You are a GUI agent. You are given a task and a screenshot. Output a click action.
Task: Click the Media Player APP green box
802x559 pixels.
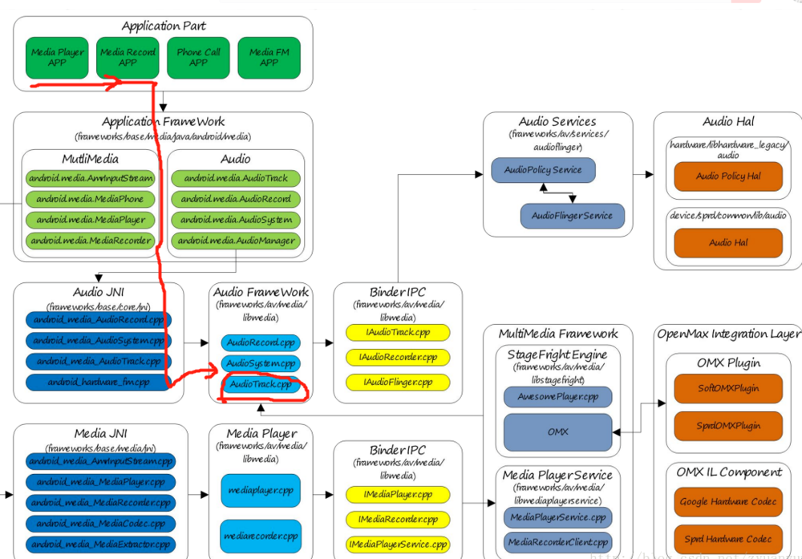57,57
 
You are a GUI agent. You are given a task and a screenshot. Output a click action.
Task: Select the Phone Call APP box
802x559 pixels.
198,57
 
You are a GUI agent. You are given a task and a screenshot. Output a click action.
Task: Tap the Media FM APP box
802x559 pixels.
269,57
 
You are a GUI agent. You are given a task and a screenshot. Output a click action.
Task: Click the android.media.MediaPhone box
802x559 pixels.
91,199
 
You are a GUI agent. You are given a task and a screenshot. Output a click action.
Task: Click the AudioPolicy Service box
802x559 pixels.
543,170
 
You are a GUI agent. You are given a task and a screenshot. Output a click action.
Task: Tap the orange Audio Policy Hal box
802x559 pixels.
728,176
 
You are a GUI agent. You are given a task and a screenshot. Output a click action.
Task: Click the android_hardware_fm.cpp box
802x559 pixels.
98,383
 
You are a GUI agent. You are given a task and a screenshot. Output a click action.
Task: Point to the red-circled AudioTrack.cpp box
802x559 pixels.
261,385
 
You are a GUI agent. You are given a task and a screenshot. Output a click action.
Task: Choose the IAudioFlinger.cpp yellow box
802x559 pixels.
398,383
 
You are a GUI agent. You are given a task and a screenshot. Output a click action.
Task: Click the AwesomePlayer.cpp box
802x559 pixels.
557,396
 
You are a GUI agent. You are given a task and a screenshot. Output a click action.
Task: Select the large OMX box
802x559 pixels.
557,431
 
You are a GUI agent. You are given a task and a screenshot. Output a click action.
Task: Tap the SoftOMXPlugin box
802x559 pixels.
728,388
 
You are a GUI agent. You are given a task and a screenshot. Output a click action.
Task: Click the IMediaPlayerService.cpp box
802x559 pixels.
398,545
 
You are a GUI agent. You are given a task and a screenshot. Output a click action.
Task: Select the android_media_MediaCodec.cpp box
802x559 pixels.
100,524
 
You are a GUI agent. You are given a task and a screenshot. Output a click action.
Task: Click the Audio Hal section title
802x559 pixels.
728,122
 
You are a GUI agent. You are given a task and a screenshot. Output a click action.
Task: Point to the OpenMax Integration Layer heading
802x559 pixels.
728,334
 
